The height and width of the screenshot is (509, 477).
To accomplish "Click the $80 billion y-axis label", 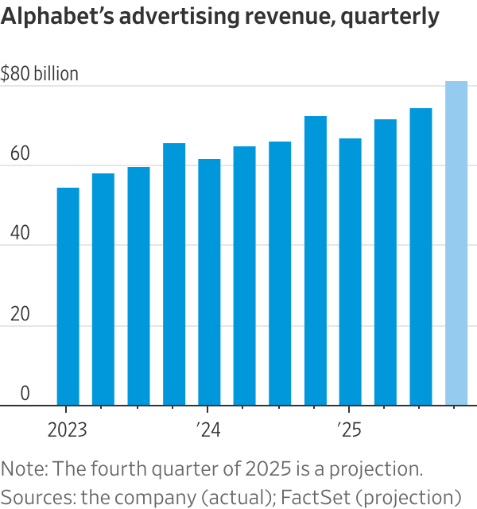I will (40, 75).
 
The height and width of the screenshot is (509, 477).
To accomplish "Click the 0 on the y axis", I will (25, 394).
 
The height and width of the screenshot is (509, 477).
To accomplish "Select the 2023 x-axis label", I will (68, 430).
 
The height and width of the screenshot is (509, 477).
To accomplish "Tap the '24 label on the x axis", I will (208, 430).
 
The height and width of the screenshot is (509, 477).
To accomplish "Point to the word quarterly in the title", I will (389, 17).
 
